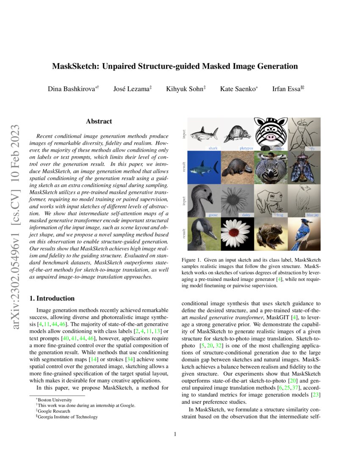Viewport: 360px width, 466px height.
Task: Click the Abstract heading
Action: [99, 121]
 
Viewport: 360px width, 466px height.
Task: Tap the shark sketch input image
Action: [204, 134]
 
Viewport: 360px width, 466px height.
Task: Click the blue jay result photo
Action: [304, 233]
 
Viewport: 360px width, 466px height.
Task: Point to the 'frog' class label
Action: [280, 215]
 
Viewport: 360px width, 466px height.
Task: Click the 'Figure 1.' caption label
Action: [192, 259]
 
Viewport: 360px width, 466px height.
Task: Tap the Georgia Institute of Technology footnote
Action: [68, 416]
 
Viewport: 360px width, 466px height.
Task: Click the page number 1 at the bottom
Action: [180, 434]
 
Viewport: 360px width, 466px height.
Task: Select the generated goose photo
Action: [204, 233]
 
